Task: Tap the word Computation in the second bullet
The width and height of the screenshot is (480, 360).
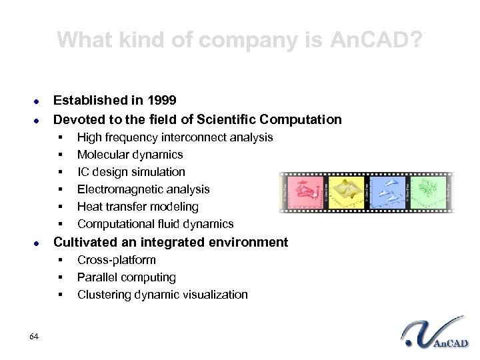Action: click(301, 120)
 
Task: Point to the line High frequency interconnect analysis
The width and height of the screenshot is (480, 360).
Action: click(175, 137)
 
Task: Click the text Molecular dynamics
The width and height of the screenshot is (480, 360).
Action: click(131, 155)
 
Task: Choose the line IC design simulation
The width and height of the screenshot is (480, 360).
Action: click(131, 172)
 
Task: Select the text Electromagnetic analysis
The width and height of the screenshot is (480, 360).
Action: click(143, 189)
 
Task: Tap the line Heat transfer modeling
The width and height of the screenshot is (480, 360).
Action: click(137, 207)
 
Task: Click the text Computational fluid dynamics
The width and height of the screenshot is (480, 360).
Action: click(155, 224)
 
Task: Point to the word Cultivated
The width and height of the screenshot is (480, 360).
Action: click(85, 242)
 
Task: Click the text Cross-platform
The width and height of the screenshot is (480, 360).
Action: click(117, 260)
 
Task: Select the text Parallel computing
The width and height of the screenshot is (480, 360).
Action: click(127, 277)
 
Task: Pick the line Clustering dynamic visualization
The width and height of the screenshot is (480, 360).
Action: click(162, 295)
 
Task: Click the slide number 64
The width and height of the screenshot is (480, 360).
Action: click(34, 335)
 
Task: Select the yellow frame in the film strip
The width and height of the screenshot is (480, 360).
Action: click(345, 192)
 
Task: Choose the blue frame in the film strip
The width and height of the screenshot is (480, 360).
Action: click(387, 192)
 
